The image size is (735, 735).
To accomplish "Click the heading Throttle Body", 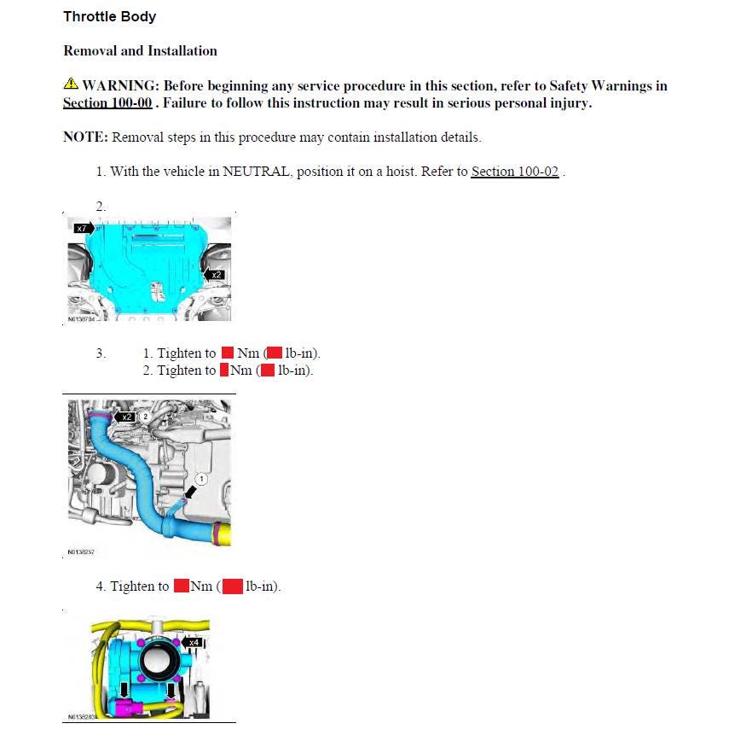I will [109, 17].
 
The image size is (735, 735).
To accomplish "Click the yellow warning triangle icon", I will [71, 85].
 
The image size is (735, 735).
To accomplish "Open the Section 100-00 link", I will [107, 103].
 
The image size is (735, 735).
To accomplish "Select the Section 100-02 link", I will [514, 172].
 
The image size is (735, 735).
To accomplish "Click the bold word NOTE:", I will [86, 137].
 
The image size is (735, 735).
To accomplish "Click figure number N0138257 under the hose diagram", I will [81, 552].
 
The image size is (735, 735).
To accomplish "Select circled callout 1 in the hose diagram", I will [202, 479].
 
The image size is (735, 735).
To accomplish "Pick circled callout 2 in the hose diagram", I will [146, 416].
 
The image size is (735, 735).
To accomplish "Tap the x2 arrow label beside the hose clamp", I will [126, 417].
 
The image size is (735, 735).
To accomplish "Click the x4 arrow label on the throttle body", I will [193, 641].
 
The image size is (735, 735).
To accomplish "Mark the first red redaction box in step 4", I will [181, 586].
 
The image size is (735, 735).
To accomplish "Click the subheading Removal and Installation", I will [140, 51].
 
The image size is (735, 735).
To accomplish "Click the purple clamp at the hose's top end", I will [100, 417].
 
